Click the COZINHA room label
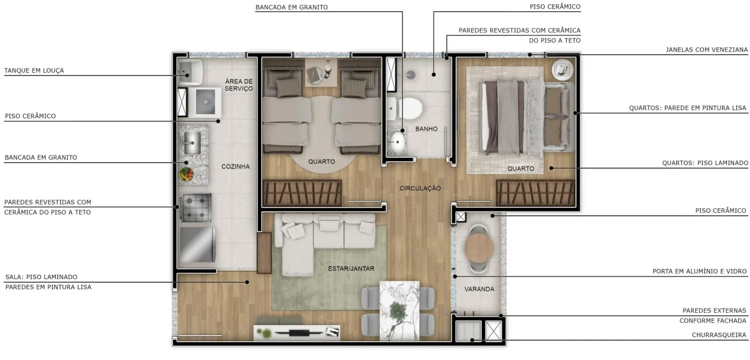pos(235,167)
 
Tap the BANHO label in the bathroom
pos(426,129)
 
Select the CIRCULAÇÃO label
pos(420,188)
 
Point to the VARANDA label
pos(479,289)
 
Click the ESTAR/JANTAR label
pos(351,268)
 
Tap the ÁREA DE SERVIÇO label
pos(239,85)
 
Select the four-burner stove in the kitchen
pos(196,208)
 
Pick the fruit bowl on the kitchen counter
pos(186,174)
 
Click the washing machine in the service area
pos(205,102)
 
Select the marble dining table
pos(400,311)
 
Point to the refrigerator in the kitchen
pos(198,244)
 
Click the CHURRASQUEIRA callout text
pos(719,335)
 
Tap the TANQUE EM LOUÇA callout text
pos(34,70)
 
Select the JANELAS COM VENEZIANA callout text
pos(707,50)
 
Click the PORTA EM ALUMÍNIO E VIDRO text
pos(700,271)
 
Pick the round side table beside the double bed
pos(562,70)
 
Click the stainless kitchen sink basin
pos(192,143)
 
